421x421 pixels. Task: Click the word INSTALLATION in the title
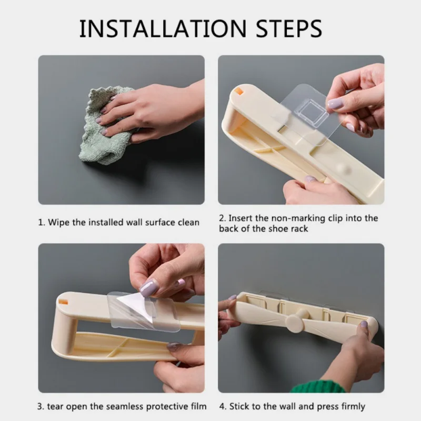(x=163, y=28)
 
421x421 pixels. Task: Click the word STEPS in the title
(x=289, y=28)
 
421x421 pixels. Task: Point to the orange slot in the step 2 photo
(x=238, y=91)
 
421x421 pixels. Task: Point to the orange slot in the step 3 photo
(x=63, y=302)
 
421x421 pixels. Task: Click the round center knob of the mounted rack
(x=295, y=321)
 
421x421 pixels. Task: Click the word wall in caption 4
(x=288, y=406)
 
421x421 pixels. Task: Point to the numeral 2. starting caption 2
(x=223, y=218)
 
